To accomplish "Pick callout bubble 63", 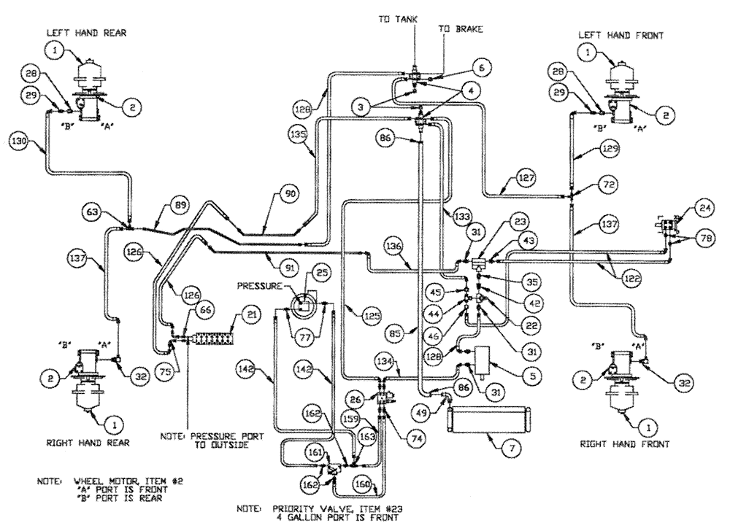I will tap(93, 212).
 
